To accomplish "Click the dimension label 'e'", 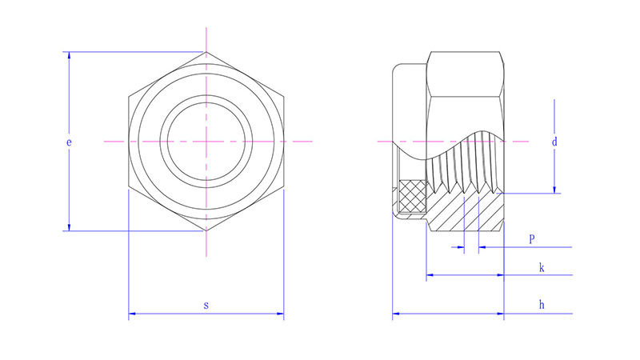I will [x=69, y=142].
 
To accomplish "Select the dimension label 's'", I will [x=206, y=305].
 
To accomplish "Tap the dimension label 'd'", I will [x=554, y=142].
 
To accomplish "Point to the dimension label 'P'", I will [x=532, y=239].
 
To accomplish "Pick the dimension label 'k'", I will [x=542, y=268].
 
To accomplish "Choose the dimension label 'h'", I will [x=542, y=305].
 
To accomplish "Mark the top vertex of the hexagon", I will [x=206, y=53].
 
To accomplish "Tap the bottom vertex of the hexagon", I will [x=206, y=231].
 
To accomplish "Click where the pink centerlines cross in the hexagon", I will [x=206, y=142].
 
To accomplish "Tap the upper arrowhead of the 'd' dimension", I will [x=554, y=102].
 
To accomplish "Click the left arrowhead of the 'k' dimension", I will [x=430, y=275].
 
